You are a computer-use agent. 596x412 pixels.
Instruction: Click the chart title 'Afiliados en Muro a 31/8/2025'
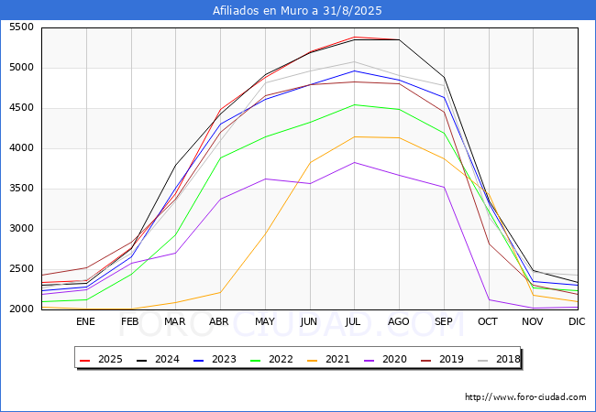click(x=297, y=11)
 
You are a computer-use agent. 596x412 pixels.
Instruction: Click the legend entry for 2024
click(x=156, y=359)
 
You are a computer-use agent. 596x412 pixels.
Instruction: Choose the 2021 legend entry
click(x=326, y=359)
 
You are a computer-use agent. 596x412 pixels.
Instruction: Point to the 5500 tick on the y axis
click(x=20, y=27)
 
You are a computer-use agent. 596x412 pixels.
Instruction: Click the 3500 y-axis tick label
click(x=20, y=189)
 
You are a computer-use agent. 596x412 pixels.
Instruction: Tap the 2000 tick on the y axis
click(x=20, y=309)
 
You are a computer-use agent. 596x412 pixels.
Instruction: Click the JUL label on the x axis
click(x=354, y=321)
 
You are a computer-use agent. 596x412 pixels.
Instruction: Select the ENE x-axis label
click(x=85, y=321)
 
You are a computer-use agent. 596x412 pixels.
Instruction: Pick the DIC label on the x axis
click(x=577, y=321)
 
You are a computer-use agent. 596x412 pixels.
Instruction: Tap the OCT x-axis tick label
click(x=488, y=321)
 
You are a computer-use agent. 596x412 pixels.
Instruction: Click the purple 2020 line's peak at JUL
click(x=354, y=162)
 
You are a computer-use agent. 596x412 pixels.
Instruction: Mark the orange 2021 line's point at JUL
click(x=354, y=136)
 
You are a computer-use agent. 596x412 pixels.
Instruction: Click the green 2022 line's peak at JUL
click(x=354, y=104)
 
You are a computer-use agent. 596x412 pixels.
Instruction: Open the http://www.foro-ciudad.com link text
click(x=525, y=397)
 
